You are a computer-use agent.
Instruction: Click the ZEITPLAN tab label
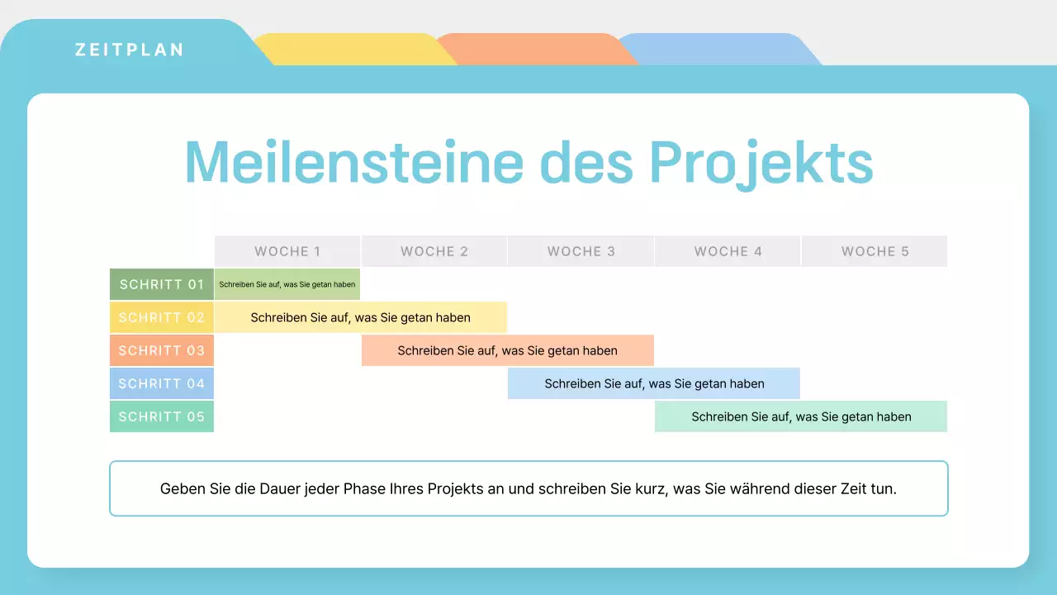pos(129,50)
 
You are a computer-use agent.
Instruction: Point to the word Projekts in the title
pos(761,162)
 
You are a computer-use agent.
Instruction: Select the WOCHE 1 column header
pos(287,251)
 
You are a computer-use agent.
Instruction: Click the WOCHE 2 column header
pos(434,251)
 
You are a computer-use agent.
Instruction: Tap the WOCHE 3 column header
pos(581,251)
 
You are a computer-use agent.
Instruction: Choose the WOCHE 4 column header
pos(728,251)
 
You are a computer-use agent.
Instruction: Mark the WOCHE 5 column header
pos(875,251)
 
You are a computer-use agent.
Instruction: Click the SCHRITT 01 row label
pos(162,284)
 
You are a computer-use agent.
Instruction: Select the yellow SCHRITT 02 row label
pos(162,317)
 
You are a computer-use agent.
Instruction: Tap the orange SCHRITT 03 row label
pos(162,350)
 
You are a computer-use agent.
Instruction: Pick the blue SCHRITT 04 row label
pos(162,383)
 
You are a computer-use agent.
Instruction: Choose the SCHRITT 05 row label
pos(162,416)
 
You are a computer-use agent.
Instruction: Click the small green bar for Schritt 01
pos(287,284)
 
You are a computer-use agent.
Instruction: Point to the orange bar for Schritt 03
pos(507,350)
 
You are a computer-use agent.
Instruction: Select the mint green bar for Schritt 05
pos(801,416)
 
